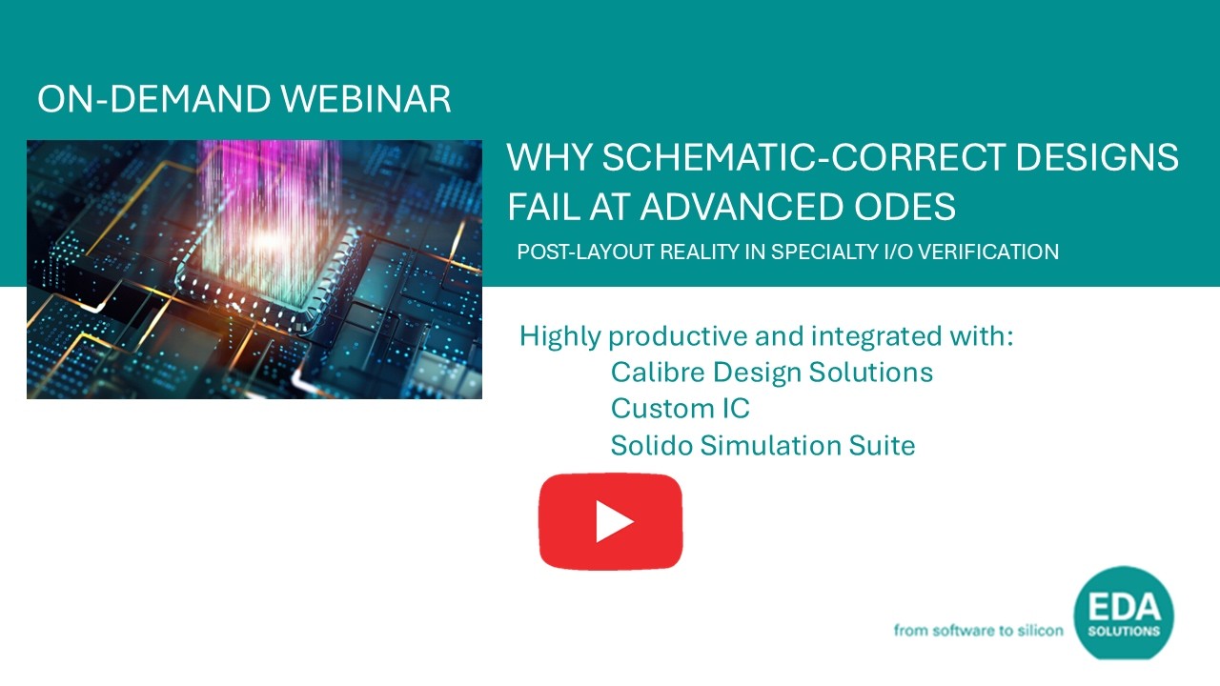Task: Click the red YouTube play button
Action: point(611,521)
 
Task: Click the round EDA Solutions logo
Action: point(1124,613)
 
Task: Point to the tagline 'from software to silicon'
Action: point(978,631)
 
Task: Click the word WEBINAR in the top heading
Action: point(365,99)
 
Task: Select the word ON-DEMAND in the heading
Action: point(153,99)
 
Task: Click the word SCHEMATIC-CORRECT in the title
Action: point(803,157)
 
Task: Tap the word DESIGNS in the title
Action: point(1097,157)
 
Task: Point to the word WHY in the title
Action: point(550,157)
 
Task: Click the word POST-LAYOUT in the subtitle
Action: point(585,252)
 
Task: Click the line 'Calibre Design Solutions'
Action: point(772,373)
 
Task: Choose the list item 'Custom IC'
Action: point(681,409)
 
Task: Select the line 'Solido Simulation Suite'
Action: point(763,445)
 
